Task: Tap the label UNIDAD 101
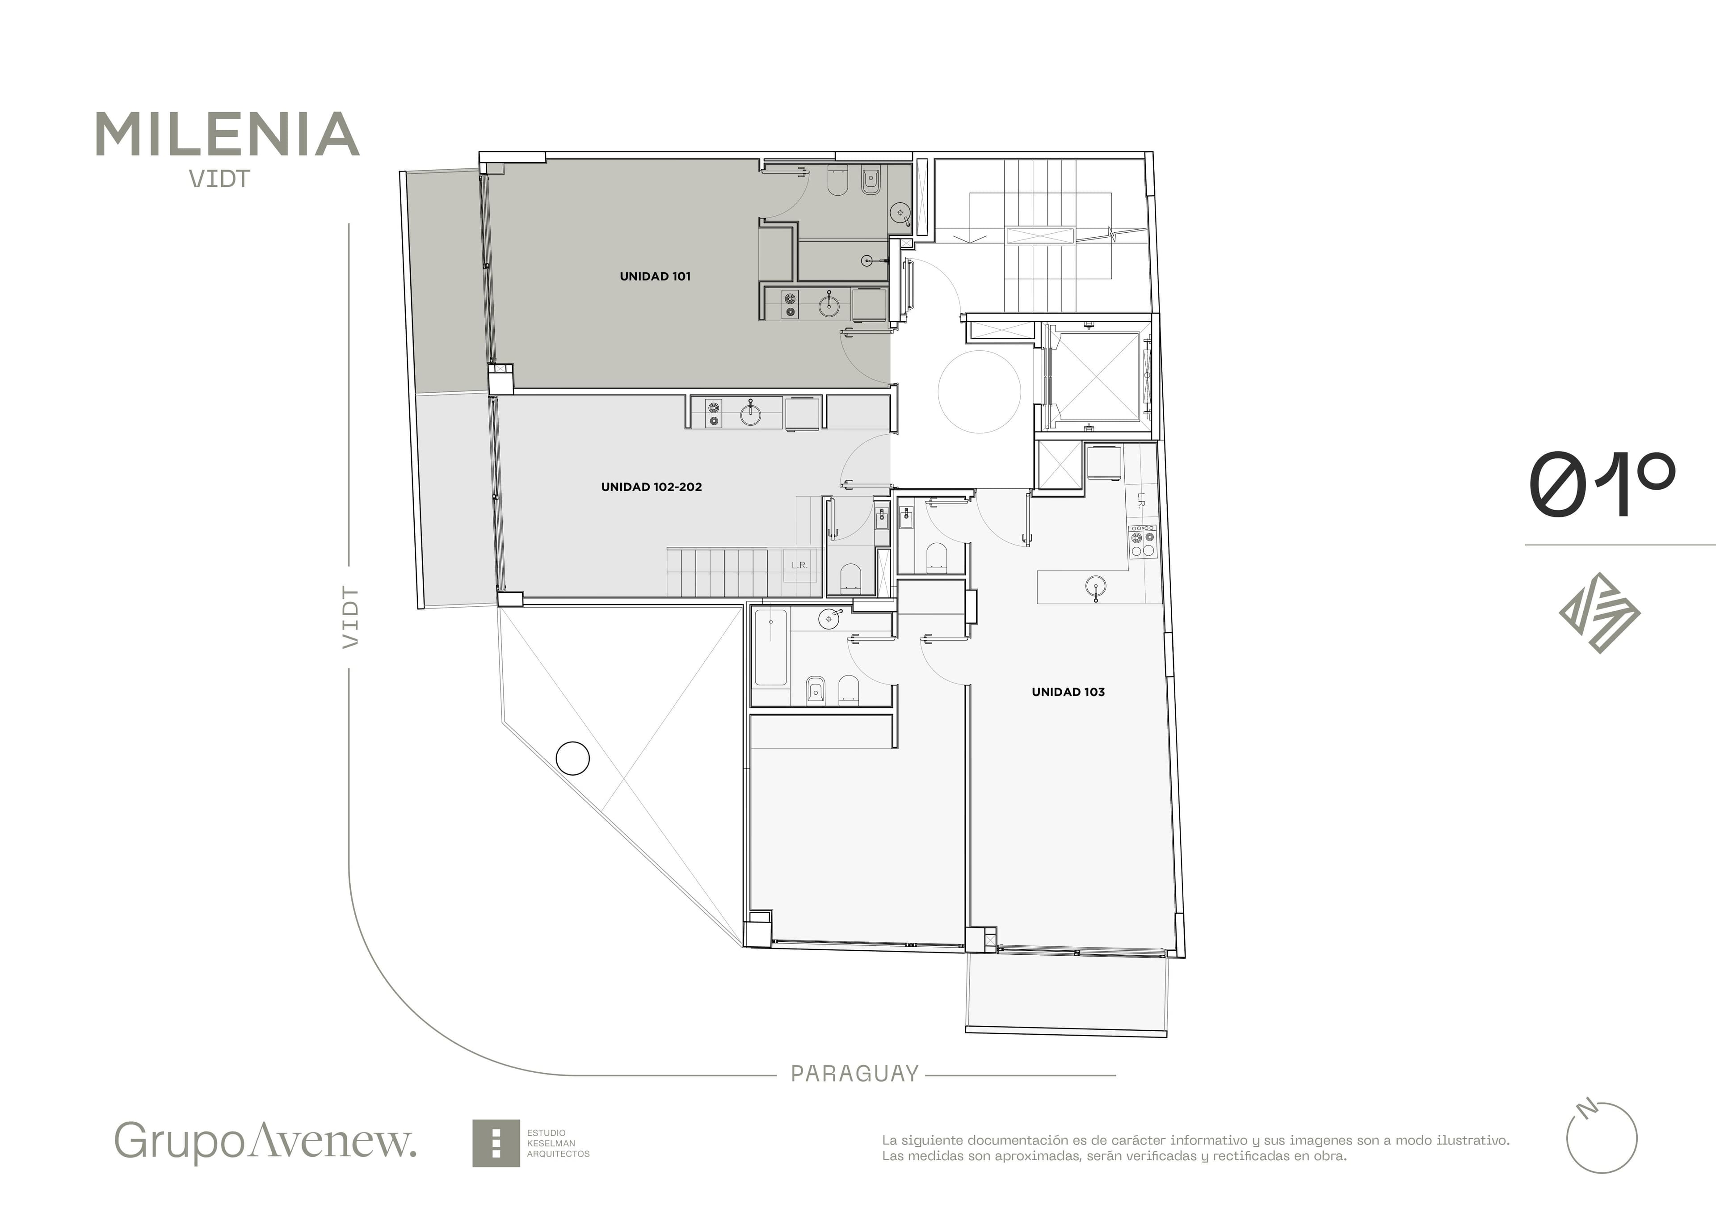coord(655,277)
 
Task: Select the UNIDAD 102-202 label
coord(652,487)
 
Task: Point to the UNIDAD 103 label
coord(1068,692)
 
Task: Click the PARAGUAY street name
coord(854,1074)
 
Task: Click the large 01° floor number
coord(1601,484)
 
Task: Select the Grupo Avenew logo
coord(265,1141)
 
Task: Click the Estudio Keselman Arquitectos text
coord(558,1143)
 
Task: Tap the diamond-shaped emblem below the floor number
coord(1599,613)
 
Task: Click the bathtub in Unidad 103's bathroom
coord(770,647)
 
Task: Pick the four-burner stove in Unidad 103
coord(1143,541)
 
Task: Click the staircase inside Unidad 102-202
coord(718,572)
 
